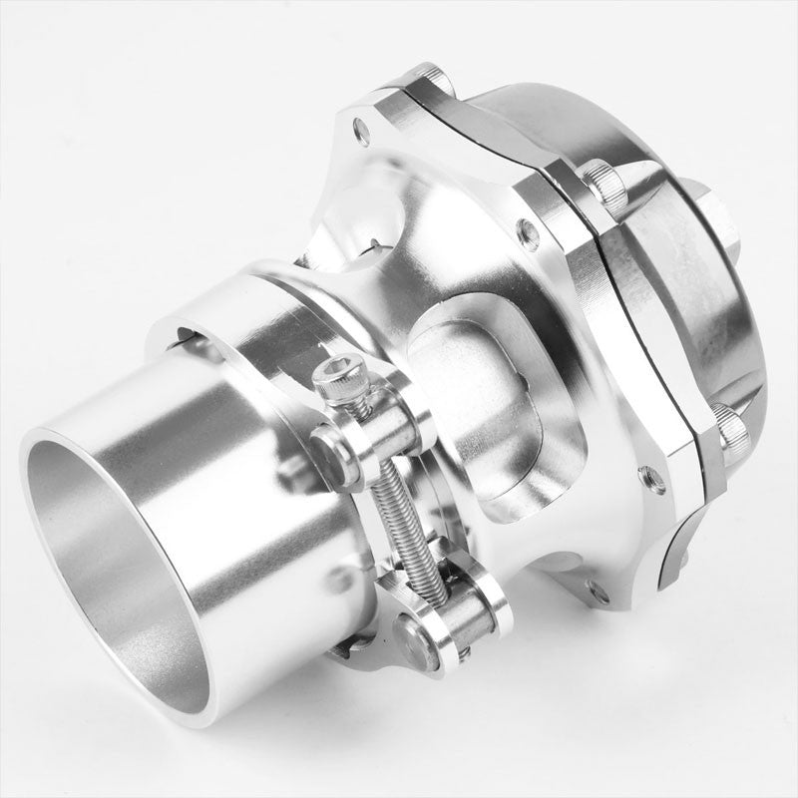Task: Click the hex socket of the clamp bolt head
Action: pos(334,374)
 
